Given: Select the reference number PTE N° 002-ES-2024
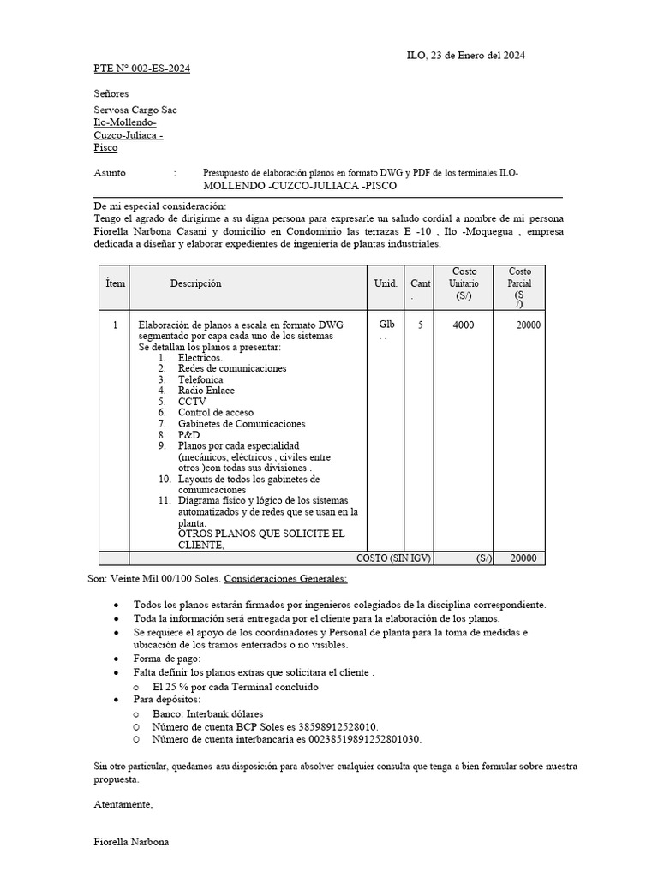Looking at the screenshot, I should (141, 69).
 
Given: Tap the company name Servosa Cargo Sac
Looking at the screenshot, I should (135, 110).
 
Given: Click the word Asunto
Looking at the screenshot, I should (110, 173).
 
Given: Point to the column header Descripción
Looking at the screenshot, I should (195, 283).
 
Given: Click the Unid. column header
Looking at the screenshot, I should (386, 283).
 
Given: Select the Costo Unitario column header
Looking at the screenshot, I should (464, 283).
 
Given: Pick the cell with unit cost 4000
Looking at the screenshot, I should (463, 325).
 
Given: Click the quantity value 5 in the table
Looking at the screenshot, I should (420, 325).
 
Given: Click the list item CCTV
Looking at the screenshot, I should (192, 402).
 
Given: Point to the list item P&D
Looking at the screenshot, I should (188, 435).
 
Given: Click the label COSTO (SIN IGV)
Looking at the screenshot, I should (394, 558).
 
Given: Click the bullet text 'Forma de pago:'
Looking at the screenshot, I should (167, 659).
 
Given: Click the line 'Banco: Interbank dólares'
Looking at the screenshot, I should (207, 713).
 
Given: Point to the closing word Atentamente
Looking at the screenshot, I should (123, 804).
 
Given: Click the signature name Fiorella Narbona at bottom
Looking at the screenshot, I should (131, 842).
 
